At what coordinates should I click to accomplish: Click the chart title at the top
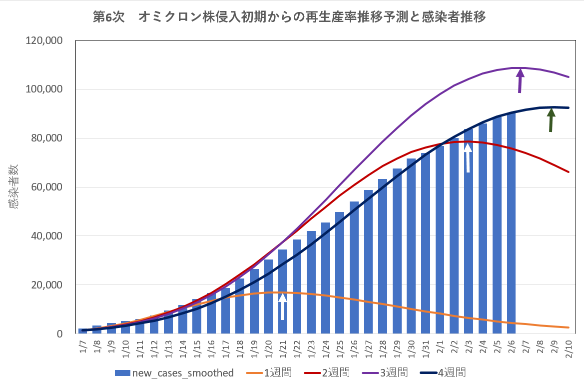(290, 17)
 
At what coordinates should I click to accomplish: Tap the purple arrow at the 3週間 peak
(520, 80)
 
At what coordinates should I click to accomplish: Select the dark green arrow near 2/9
(551, 120)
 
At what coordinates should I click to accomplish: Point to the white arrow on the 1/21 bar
(282, 306)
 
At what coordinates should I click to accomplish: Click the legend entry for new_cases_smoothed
(174, 372)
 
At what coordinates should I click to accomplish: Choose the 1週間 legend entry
(269, 372)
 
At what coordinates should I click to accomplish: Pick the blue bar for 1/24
(325, 278)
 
